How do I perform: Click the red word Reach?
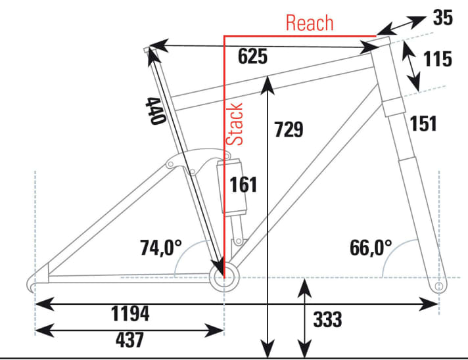point(310,23)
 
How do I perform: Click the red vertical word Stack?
point(235,124)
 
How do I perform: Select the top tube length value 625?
point(253,56)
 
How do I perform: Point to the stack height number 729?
point(289,129)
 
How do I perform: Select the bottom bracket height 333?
point(327,320)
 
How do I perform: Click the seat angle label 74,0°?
point(162,248)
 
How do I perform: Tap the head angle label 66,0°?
point(370,248)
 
